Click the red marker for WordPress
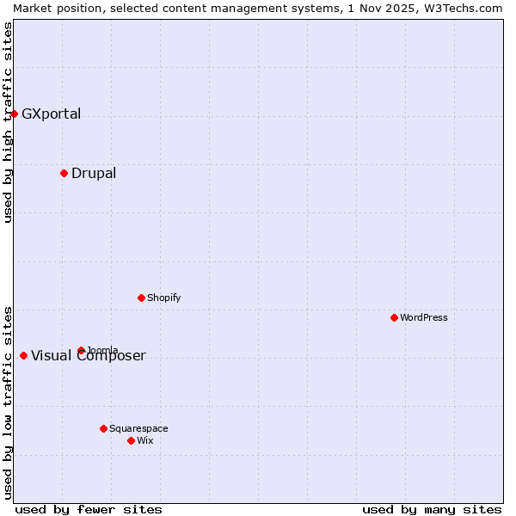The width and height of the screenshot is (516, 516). coord(394,317)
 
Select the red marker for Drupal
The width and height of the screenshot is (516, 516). coord(64,173)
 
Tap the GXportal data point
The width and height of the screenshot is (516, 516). coord(14,114)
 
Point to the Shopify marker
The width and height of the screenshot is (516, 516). coord(141,298)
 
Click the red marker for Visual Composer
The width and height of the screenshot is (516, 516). coord(23,355)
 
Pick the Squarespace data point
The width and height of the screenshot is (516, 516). coord(103,428)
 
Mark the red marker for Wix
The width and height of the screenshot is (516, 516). coord(131,440)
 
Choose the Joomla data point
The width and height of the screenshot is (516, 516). coord(81,350)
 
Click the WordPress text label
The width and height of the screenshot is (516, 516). coord(424,317)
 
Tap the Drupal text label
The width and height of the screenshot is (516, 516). coord(94,173)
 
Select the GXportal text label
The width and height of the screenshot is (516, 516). coord(51,114)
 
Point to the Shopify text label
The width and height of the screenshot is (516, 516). coord(163,298)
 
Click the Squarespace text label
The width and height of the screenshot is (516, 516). coord(138,428)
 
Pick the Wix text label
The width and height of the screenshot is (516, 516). coord(145,440)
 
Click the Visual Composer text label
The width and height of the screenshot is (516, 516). coord(89,356)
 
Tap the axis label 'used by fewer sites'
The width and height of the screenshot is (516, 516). coord(89,509)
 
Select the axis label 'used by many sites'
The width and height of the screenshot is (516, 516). coord(432,509)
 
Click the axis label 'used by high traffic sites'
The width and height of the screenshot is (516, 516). coord(8,122)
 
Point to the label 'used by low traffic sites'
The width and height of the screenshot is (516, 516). coord(8,402)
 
